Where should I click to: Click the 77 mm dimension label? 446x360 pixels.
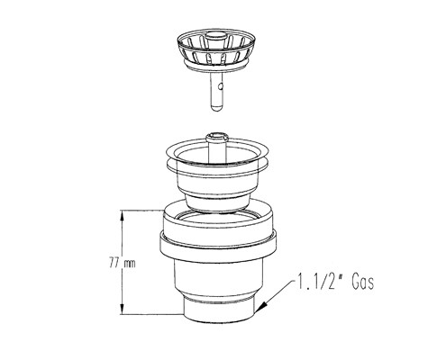[x=123, y=264]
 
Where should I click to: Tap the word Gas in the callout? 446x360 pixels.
[x=363, y=282]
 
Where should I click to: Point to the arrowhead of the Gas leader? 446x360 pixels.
[x=260, y=307]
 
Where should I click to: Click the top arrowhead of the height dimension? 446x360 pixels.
[x=122, y=215]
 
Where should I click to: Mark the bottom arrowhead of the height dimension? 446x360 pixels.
[x=122, y=309]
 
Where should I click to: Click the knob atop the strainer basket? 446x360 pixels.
[x=216, y=37]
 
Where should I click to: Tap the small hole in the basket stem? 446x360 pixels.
[x=221, y=87]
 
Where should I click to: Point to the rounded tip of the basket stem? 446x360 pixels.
[x=216, y=108]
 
